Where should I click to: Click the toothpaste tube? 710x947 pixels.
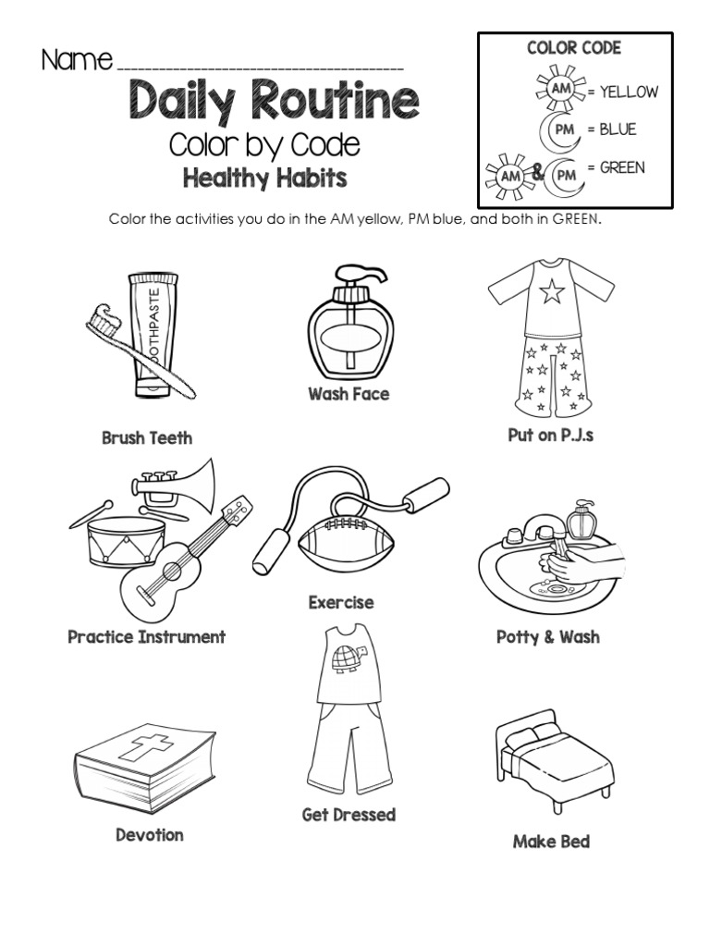point(153,333)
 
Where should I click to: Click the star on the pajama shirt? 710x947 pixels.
point(551,293)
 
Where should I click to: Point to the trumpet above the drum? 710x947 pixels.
point(176,481)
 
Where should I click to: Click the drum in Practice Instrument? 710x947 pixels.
point(128,541)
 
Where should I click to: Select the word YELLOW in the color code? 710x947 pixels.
point(629,92)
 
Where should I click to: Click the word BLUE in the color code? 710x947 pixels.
point(618,129)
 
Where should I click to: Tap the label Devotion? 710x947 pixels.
point(150,835)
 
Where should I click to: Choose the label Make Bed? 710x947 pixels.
point(551,842)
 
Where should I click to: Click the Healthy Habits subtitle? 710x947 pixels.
point(264,178)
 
